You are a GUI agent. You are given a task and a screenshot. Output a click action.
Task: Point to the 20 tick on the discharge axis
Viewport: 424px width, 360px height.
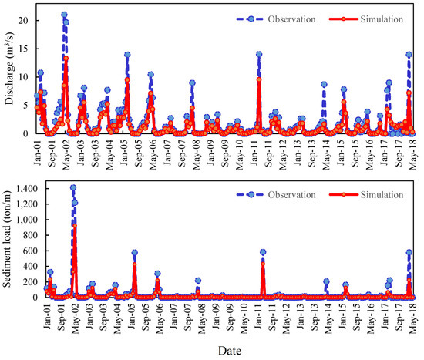pyautogui.click(x=24, y=20)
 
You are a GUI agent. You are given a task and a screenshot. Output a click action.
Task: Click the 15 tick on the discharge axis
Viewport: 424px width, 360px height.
pyautogui.click(x=24, y=49)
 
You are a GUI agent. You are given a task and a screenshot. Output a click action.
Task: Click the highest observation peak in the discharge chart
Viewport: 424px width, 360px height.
pyautogui.click(x=64, y=15)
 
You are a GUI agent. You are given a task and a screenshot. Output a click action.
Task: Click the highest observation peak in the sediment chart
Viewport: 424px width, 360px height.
pyautogui.click(x=73, y=187)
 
